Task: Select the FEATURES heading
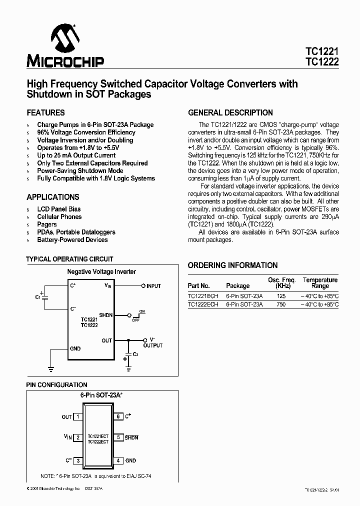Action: (45, 112)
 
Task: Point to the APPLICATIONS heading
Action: (52, 197)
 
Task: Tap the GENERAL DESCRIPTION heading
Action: (230, 112)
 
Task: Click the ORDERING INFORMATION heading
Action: (232, 265)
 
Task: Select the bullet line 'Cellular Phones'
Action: (59, 216)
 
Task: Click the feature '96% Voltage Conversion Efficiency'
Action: (86, 132)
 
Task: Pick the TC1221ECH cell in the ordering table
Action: (203, 296)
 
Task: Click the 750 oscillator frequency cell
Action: (281, 304)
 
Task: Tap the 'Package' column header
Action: (237, 286)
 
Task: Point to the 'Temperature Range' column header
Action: (320, 283)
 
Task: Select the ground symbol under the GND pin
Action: (50, 369)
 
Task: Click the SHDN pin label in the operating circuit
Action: (105, 315)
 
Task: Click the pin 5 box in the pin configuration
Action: (118, 437)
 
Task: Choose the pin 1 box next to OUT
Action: (77, 416)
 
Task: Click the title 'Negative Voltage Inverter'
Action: (101, 271)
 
